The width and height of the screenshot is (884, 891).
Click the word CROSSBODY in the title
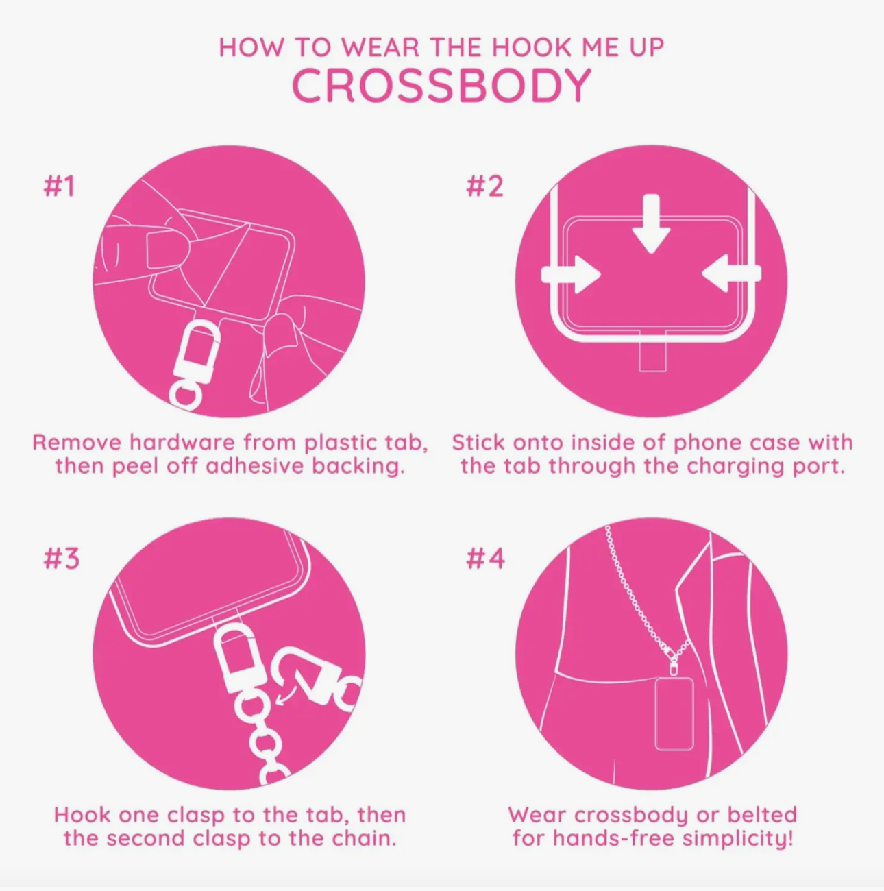tap(441, 86)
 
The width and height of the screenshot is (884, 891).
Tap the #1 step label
tap(59, 186)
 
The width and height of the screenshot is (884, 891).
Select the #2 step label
tap(484, 186)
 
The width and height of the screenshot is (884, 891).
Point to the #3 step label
tap(61, 558)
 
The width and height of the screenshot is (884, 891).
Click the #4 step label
tap(485, 558)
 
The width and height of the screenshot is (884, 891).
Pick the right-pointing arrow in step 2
tap(571, 273)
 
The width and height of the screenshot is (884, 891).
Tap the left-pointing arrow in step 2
tap(731, 273)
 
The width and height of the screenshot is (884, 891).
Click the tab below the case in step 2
tap(652, 355)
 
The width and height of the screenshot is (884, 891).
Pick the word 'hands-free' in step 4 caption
tap(614, 838)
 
